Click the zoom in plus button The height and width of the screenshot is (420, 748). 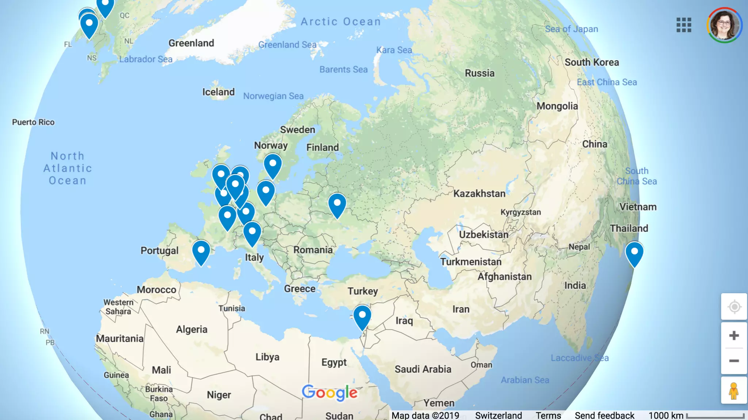tap(734, 335)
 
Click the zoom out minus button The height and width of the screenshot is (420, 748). tap(734, 361)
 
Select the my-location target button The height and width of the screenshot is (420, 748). tap(734, 307)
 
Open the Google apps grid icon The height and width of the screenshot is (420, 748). tap(684, 25)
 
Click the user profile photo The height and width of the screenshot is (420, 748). tap(724, 25)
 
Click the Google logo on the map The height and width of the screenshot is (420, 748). tap(329, 393)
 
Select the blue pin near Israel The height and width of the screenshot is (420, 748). tap(362, 315)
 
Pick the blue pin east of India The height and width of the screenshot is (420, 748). tap(634, 252)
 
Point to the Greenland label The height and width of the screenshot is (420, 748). tap(191, 43)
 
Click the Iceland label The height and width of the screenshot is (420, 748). tap(218, 92)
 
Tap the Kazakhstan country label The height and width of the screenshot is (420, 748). tap(479, 194)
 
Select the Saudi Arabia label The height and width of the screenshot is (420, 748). tap(423, 369)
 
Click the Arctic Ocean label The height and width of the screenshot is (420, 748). tap(341, 22)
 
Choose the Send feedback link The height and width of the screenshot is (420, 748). tap(604, 415)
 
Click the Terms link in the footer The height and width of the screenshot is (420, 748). tap(548, 415)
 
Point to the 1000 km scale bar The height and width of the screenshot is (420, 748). tap(715, 416)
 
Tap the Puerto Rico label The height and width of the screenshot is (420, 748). tap(33, 122)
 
